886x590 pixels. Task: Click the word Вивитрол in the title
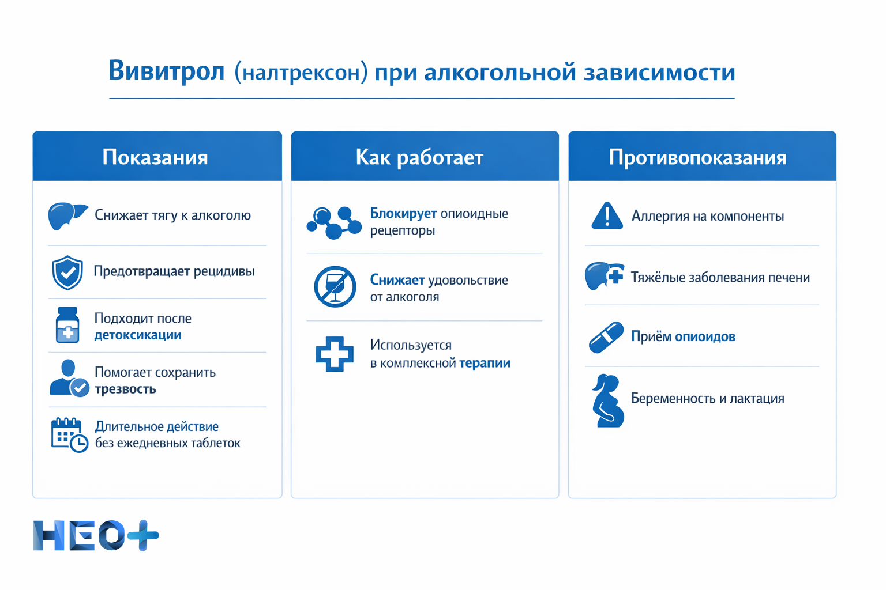point(166,71)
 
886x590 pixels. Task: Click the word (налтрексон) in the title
point(301,73)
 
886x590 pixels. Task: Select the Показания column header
point(155,157)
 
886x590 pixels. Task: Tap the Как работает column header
point(419,157)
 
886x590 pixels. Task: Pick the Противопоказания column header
point(697,157)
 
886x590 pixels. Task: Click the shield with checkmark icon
point(67,273)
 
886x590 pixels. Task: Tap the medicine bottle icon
point(67,325)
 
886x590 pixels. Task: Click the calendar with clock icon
point(69,435)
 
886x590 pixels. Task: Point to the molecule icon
point(333,222)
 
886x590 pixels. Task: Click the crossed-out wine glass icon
point(335,286)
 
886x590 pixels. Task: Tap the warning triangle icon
point(607,217)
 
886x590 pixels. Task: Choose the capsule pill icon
point(606,337)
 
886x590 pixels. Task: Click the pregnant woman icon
point(607,401)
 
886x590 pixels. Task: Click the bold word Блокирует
point(403,214)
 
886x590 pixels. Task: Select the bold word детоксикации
point(138,335)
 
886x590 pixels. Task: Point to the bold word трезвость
point(125,389)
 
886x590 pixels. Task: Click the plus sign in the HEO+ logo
point(143,535)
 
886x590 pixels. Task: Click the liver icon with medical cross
point(603,277)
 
